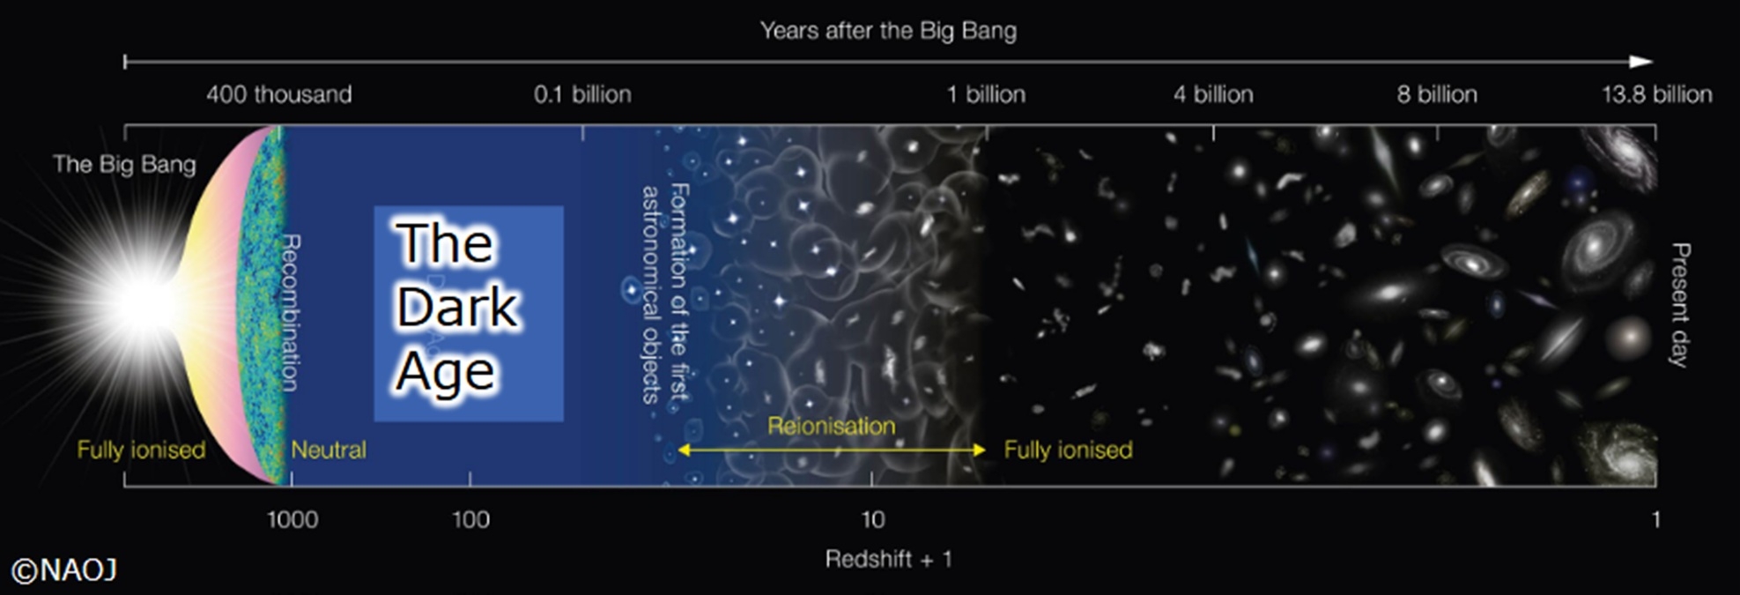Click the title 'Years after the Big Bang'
click(x=888, y=31)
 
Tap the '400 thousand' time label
click(x=279, y=94)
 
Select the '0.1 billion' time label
click(x=582, y=94)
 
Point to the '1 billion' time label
click(x=986, y=94)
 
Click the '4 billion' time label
click(x=1213, y=94)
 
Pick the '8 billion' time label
click(x=1437, y=94)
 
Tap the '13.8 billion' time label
click(x=1657, y=94)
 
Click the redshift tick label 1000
click(x=292, y=519)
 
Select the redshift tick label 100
click(x=470, y=519)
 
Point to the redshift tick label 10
click(x=872, y=519)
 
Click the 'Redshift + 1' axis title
click(x=888, y=559)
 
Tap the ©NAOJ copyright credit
click(x=64, y=571)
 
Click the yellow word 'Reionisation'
click(x=831, y=427)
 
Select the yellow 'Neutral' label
click(x=329, y=450)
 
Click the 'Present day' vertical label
click(x=1681, y=305)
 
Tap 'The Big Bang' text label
click(x=124, y=164)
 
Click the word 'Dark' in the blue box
click(x=456, y=307)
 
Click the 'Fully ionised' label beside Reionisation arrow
click(x=1068, y=450)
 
